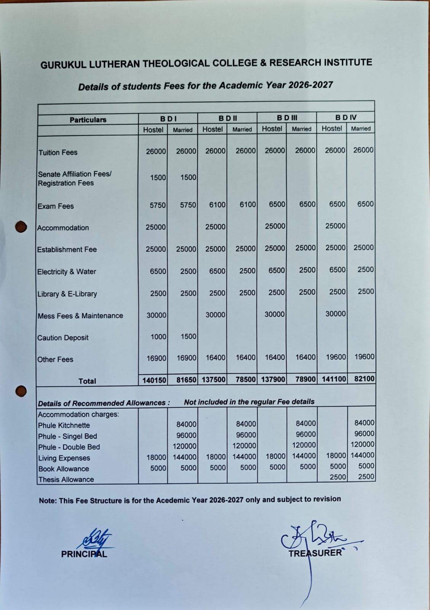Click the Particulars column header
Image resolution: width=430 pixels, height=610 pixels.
point(88,120)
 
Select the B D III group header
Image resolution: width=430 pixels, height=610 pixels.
point(287,117)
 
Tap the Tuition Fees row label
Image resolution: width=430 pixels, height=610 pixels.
point(58,153)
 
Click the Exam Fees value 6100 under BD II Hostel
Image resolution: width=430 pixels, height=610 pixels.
point(217,205)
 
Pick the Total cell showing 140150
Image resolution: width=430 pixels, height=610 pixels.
point(154,380)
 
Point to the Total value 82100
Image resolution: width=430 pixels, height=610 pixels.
point(364,379)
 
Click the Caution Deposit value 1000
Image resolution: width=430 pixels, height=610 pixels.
point(158,337)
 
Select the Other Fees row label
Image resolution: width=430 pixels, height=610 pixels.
point(55,359)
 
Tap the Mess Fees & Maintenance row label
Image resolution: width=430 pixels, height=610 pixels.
point(80,316)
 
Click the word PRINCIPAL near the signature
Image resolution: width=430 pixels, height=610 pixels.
point(84,554)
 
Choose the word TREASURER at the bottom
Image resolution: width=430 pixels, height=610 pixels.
point(315,553)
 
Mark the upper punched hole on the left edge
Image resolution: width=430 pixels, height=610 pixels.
point(21,227)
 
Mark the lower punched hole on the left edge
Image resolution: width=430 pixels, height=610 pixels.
point(21,391)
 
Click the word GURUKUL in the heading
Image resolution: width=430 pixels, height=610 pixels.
point(63,65)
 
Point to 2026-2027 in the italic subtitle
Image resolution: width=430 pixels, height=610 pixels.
point(310,85)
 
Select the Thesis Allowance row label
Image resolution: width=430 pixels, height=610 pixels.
point(66,480)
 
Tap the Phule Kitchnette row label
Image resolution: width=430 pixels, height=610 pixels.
point(64,425)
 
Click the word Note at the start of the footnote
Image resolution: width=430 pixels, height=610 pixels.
point(47,501)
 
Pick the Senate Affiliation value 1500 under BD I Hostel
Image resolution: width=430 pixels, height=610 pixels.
point(158,177)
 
